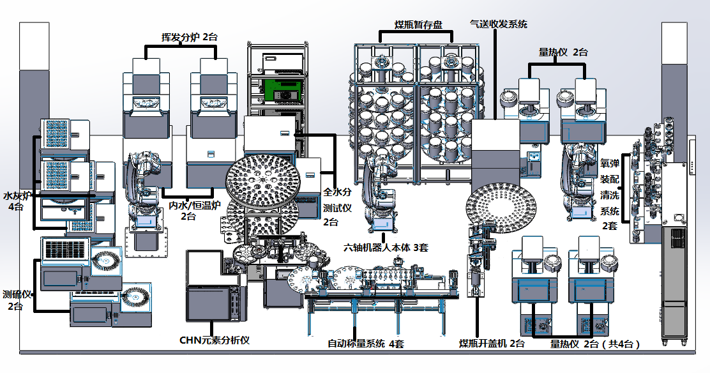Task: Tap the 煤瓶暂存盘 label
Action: tap(418, 25)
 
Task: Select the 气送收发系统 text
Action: tap(498, 24)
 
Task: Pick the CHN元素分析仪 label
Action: tap(214, 340)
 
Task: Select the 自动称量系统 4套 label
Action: tap(366, 344)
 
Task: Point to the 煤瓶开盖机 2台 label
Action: tap(492, 344)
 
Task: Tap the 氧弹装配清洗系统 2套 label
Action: tap(610, 185)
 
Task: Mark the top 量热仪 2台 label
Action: tap(563, 52)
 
